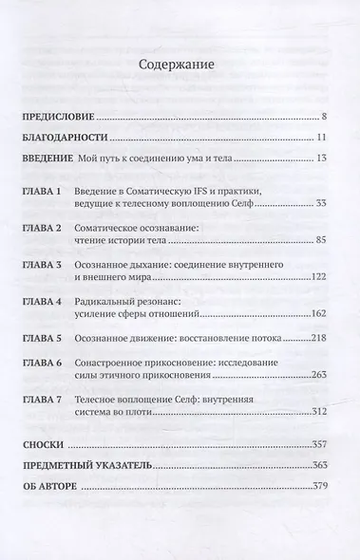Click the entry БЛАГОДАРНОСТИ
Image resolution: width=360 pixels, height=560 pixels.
pyautogui.click(x=64, y=137)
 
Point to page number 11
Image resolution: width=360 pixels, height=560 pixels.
pyautogui.click(x=322, y=137)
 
